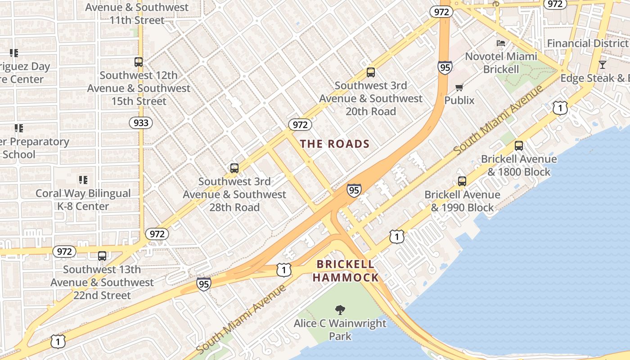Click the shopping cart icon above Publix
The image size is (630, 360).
(459, 87)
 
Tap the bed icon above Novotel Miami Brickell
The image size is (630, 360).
(501, 43)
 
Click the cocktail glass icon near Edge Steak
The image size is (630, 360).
(603, 64)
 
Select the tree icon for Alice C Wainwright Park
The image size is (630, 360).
(340, 310)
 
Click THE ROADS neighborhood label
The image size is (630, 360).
(335, 144)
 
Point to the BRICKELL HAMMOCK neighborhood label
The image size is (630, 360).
(346, 271)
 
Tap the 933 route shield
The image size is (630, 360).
(141, 122)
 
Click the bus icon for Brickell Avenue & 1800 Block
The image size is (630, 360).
(519, 146)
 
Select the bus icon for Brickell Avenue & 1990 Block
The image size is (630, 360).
(462, 181)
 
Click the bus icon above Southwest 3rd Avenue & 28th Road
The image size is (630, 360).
(234, 168)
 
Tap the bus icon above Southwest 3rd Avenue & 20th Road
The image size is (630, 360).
(371, 72)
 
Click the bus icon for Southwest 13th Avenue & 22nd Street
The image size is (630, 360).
(102, 256)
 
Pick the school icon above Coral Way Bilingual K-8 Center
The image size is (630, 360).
(83, 180)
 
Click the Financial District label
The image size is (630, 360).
(587, 43)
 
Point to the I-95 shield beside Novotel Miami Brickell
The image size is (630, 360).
(444, 67)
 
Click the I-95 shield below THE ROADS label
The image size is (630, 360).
(354, 190)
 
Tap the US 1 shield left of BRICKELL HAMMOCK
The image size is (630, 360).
(284, 270)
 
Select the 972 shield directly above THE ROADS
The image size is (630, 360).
(300, 124)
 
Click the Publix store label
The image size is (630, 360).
(459, 100)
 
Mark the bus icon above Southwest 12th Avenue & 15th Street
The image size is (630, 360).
(139, 62)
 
